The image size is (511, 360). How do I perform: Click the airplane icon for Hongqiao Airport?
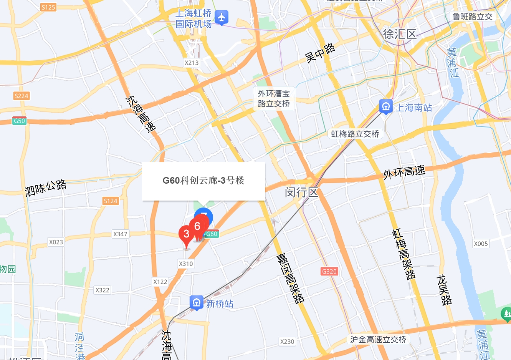tap(221, 17)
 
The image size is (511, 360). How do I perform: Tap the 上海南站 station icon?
tap(385, 106)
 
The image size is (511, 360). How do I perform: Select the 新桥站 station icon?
tap(196, 302)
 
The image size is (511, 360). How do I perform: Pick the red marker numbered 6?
tap(198, 226)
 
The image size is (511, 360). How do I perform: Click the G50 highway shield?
tap(19, 121)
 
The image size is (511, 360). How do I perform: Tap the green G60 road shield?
tap(212, 234)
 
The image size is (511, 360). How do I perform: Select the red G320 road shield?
tap(329, 271)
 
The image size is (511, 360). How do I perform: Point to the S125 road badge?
tap(48, 7)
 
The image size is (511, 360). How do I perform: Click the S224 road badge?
tap(21, 96)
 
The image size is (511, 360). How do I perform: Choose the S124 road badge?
tap(111, 201)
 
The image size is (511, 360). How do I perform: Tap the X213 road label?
tap(192, 63)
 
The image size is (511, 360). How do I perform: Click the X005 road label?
tap(481, 244)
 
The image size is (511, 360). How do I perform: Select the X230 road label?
tap(287, 341)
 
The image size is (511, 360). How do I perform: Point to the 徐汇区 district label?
tap(400, 34)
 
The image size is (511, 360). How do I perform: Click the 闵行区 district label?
tap(302, 192)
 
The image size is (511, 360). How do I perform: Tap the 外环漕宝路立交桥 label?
tap(274, 99)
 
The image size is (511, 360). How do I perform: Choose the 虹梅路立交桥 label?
tap(355, 134)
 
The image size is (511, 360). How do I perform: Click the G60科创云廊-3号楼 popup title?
tap(203, 180)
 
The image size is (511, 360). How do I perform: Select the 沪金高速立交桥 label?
tap(378, 339)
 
